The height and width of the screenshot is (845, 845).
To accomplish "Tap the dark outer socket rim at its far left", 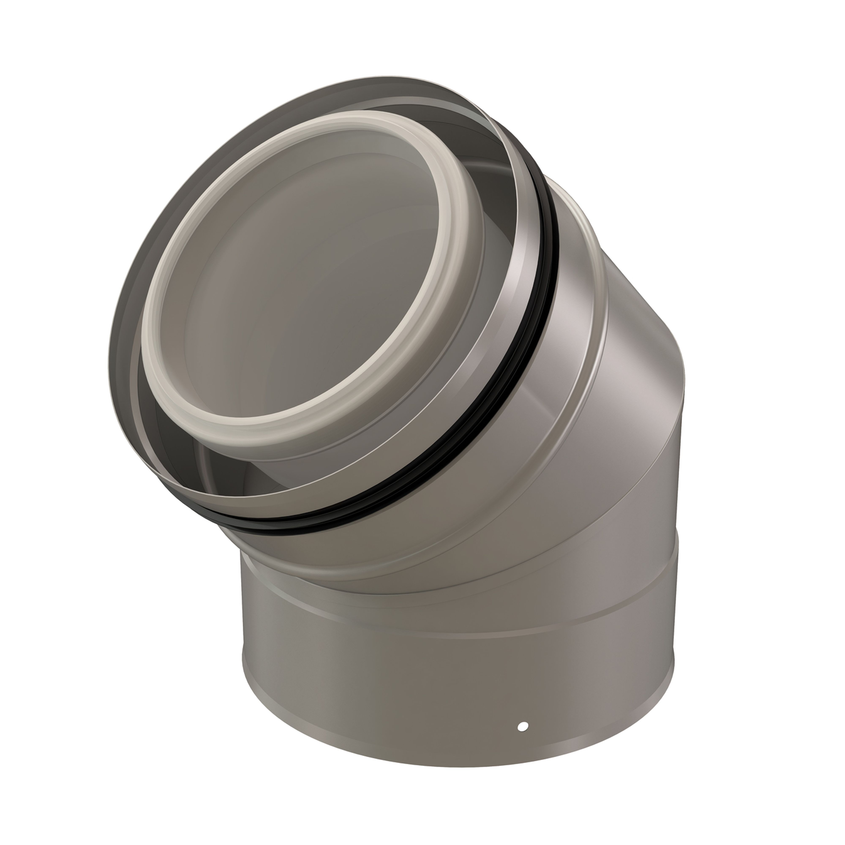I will point(114,350).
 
